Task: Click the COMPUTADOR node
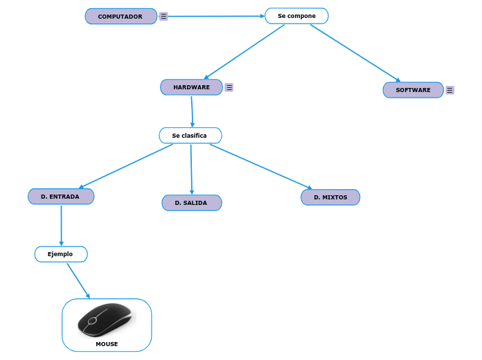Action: tap(120, 16)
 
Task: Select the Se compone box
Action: tap(296, 16)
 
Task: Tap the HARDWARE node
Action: tap(191, 87)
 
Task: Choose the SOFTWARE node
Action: tap(413, 90)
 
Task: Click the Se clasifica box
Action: tap(190, 136)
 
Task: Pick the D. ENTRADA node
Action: tap(61, 197)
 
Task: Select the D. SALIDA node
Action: tap(192, 203)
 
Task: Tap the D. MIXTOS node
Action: tap(330, 197)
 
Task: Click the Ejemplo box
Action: tap(61, 254)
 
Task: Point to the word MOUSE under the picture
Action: tap(107, 344)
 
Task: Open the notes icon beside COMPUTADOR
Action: tap(163, 16)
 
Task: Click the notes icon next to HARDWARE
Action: tap(229, 87)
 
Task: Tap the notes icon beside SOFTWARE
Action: tap(449, 90)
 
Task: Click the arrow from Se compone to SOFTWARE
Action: tap(355, 53)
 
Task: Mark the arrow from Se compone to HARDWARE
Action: tap(244, 52)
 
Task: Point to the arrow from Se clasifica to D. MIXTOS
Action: tap(260, 166)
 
